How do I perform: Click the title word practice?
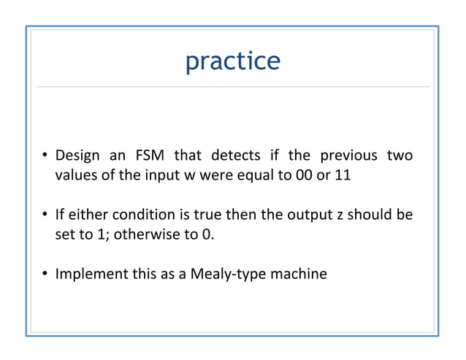pyautogui.click(x=232, y=61)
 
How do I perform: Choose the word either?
pyautogui.click(x=86, y=215)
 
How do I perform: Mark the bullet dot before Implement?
pyautogui.click(x=45, y=275)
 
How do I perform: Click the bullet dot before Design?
pyautogui.click(x=45, y=156)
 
